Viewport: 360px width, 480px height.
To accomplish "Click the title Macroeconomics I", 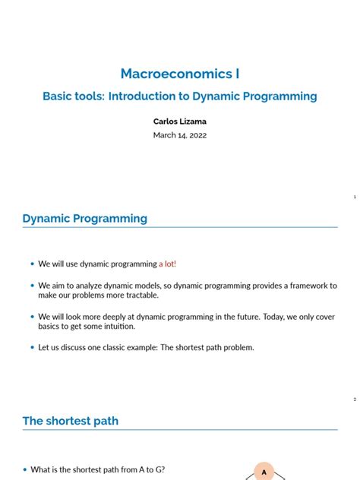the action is (180, 74).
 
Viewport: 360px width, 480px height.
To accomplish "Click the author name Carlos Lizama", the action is (180, 120).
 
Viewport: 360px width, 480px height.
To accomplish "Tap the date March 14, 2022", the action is (180, 135).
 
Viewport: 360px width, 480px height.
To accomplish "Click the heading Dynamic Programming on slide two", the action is (85, 219).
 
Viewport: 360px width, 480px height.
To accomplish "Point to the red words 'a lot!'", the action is (167, 264).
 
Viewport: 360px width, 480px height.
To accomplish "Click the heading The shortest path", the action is (71, 421).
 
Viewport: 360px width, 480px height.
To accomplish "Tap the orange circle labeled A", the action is (264, 472).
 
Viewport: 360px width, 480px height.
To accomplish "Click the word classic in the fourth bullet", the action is (111, 348).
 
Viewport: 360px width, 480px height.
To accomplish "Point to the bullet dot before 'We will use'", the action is (32, 264).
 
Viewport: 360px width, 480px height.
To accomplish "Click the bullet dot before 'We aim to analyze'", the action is (32, 286).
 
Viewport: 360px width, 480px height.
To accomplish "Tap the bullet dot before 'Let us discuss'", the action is (32, 348).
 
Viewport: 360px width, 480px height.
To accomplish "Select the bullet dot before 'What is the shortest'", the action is (24, 470).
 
